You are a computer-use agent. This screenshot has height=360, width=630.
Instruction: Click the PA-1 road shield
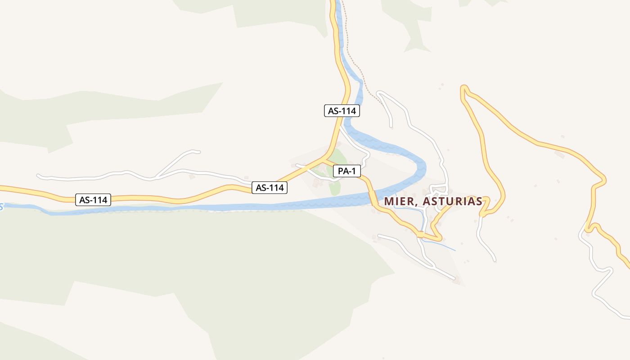point(347,171)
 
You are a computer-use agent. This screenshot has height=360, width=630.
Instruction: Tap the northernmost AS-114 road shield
point(342,111)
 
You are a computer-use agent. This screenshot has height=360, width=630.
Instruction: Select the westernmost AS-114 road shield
point(93,200)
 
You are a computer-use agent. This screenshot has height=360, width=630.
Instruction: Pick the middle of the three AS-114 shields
point(269,188)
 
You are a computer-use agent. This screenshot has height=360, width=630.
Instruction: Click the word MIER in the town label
point(398,201)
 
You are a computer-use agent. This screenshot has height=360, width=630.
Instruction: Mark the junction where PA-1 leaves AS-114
point(324,159)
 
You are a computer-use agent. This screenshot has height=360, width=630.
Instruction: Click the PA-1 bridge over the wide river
point(373,198)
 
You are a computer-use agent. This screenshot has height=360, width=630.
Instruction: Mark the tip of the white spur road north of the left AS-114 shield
point(198,152)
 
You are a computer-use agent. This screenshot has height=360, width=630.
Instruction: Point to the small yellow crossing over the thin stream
point(420,234)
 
